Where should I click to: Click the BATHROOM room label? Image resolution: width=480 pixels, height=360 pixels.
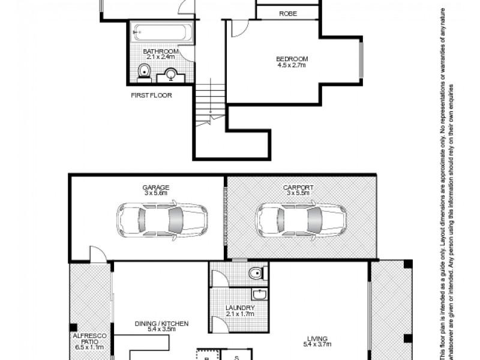[161, 52]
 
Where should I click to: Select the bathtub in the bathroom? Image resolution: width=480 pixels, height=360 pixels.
[163, 33]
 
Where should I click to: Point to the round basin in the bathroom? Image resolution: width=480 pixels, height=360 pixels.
[171, 75]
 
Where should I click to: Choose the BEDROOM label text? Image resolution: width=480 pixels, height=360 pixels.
[292, 58]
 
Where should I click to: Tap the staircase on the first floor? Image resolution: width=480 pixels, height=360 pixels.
[209, 100]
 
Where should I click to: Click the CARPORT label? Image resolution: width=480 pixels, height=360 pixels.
[298, 187]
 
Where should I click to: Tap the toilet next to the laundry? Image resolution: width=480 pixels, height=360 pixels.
[256, 274]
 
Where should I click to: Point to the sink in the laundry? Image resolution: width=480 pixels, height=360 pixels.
[260, 294]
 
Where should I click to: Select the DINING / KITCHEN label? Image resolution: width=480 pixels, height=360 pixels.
[161, 323]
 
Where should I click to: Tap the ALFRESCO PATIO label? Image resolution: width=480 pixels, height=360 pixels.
[88, 341]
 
